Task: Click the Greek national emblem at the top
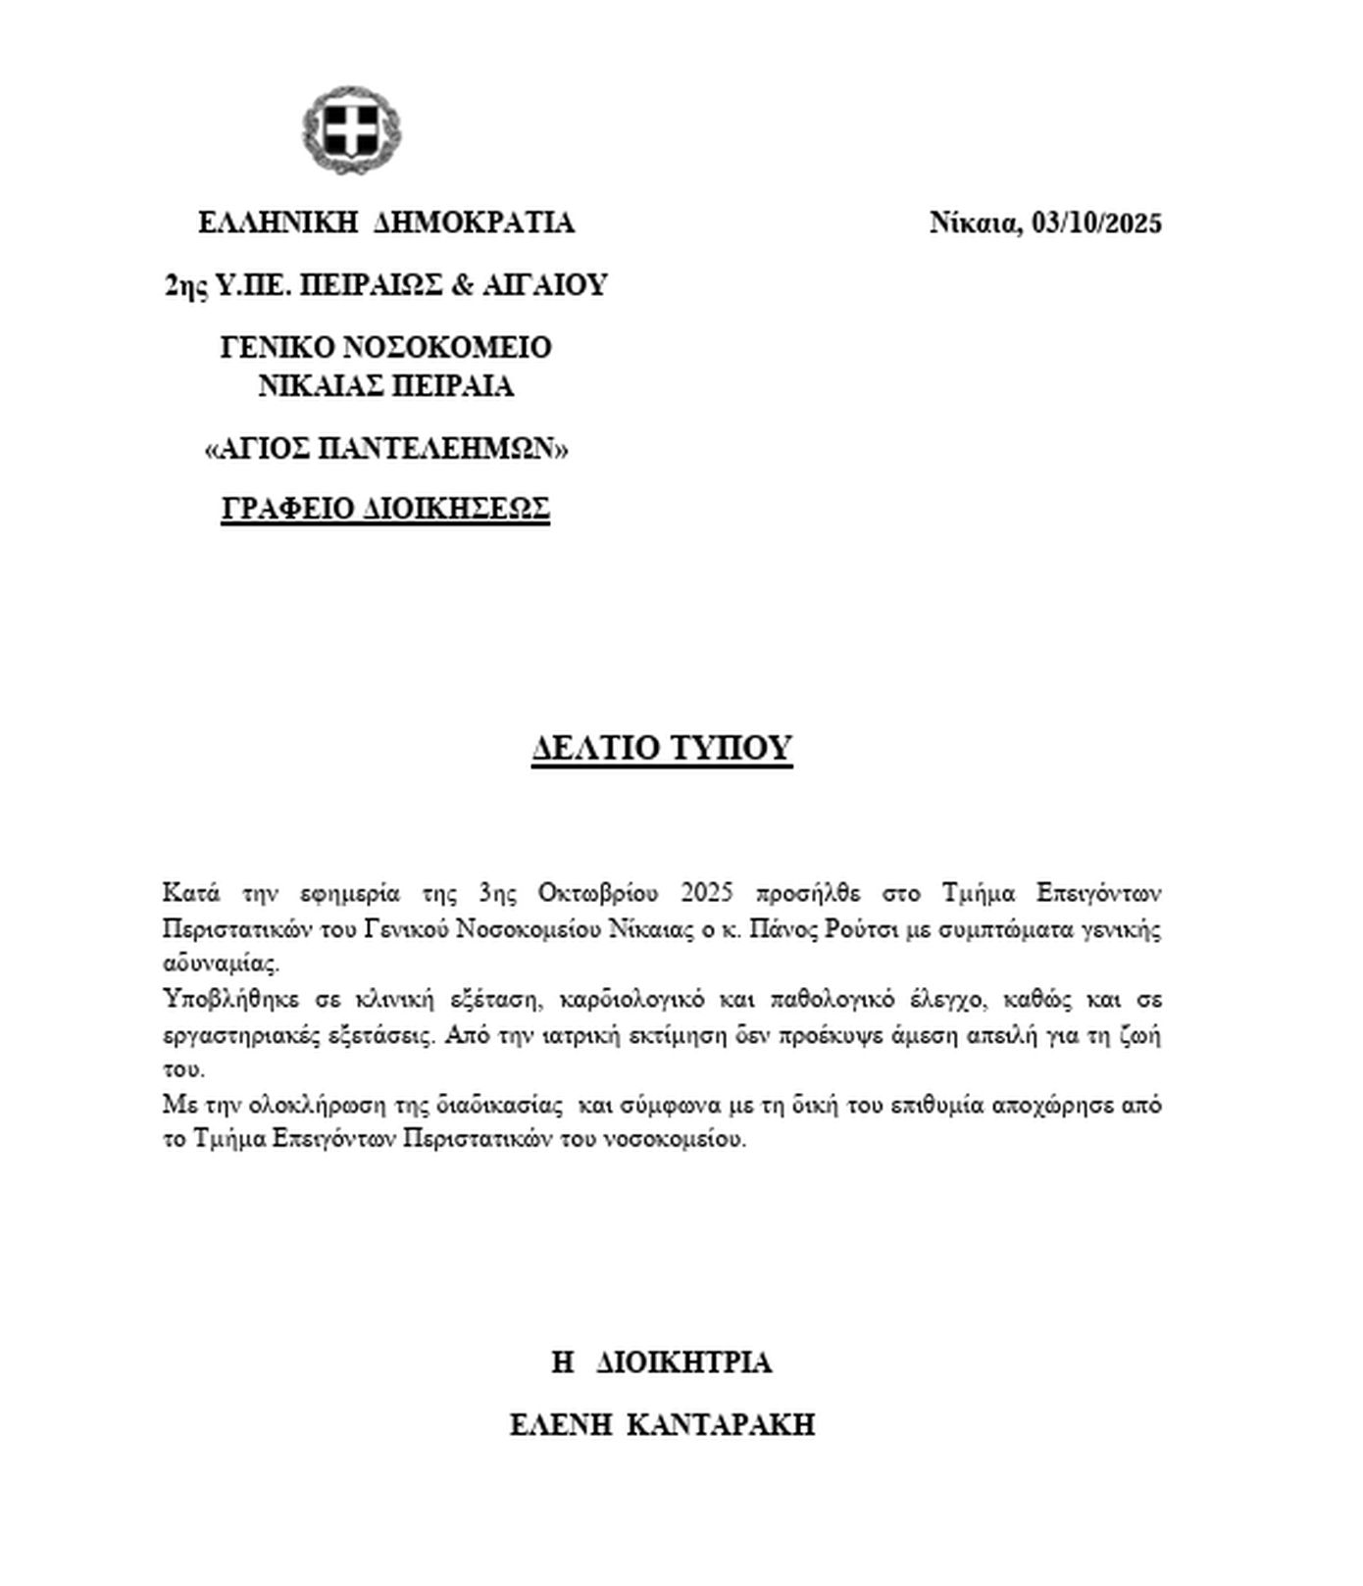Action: tap(351, 129)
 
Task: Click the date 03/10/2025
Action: tap(1097, 223)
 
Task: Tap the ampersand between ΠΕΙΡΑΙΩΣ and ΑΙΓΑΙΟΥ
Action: tap(461, 285)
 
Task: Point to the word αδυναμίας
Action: tap(222, 964)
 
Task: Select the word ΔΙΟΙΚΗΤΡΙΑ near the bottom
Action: tap(683, 1363)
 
